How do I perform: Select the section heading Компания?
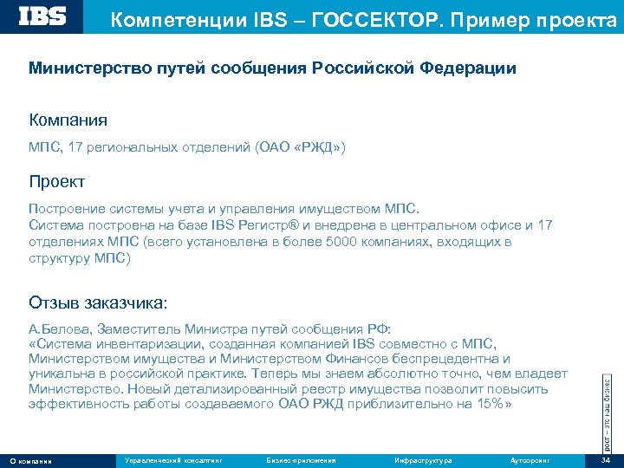(68, 119)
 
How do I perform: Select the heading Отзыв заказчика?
(98, 302)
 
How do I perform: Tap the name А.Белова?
(60, 329)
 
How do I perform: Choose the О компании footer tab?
(31, 460)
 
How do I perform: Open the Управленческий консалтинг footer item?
(173, 459)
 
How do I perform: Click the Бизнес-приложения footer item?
(301, 459)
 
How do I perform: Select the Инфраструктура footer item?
(422, 459)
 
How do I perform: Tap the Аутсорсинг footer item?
(531, 459)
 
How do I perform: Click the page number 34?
(607, 459)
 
